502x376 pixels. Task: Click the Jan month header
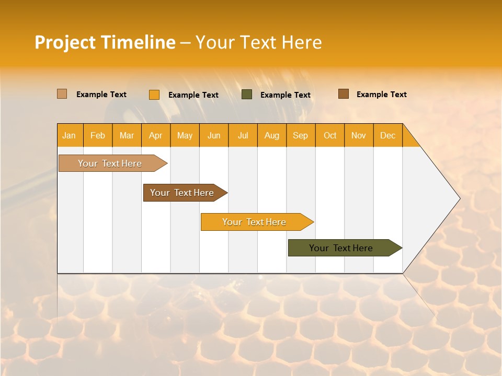pos(70,135)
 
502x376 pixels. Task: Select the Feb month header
pos(98,135)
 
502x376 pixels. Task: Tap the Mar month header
pos(127,135)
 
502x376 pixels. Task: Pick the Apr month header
pos(156,135)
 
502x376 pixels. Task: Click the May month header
pos(185,135)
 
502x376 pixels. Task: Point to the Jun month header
pos(214,135)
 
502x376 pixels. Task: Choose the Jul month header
pos(243,135)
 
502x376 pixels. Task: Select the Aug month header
pos(272,135)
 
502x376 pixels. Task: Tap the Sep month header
pos(301,135)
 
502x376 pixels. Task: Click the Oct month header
pos(330,135)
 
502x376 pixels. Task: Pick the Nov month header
pos(359,135)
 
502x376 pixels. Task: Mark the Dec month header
pos(388,135)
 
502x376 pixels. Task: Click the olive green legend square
pos(247,95)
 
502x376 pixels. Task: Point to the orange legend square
pos(154,95)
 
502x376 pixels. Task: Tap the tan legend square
pos(62,94)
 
